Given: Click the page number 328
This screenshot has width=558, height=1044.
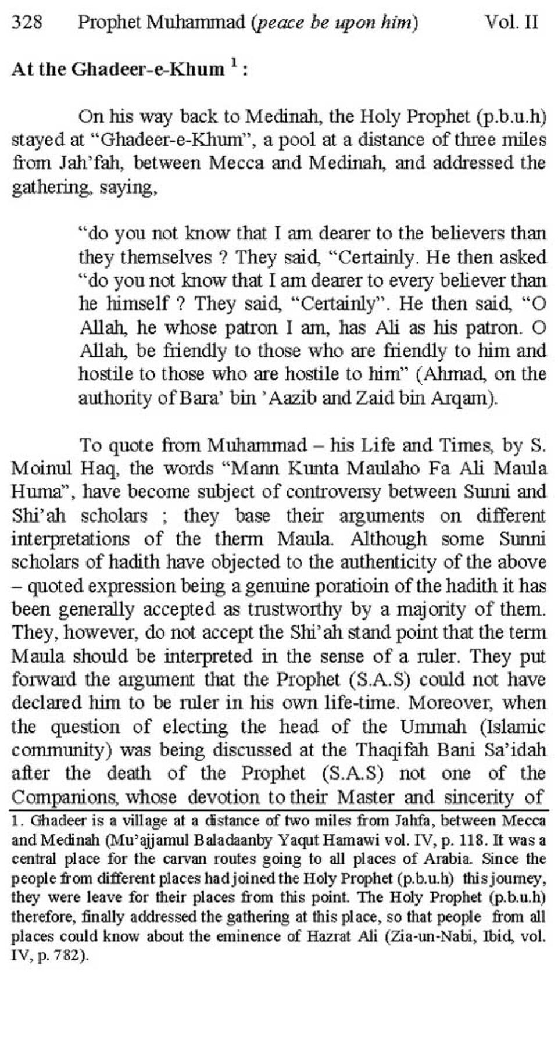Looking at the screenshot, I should (27, 23).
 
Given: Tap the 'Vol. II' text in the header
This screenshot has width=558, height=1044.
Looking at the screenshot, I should (511, 23).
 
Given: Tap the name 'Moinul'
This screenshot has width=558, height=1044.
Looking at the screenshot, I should (38, 469).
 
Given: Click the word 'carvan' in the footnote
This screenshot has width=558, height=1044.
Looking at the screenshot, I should (170, 859).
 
